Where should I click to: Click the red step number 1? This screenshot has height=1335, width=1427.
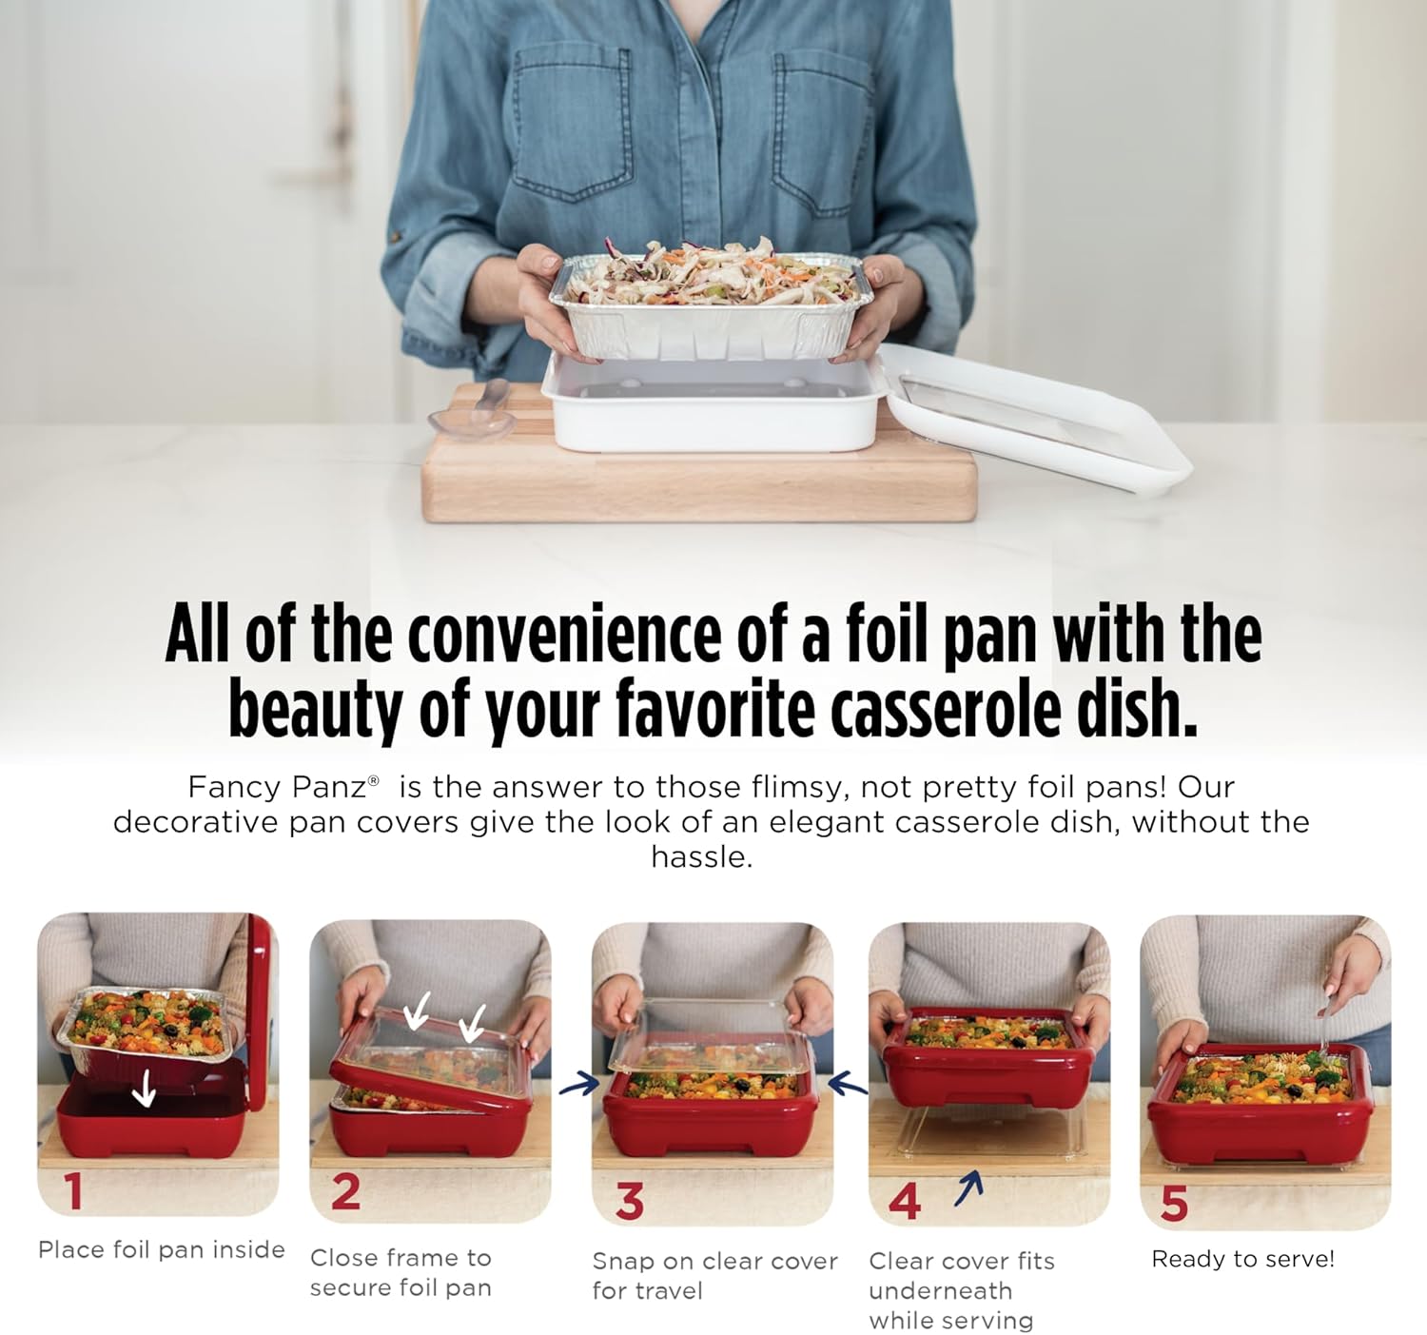pos(73,1191)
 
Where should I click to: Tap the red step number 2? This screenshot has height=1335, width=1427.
pos(345,1192)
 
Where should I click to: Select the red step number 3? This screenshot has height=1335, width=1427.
pos(629,1201)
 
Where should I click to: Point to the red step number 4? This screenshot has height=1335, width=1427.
pos(904,1201)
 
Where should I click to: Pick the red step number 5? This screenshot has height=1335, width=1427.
pos(1174,1203)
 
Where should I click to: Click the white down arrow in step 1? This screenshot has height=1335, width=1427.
pos(144,1087)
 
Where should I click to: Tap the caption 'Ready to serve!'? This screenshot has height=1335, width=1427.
pos(1242,1259)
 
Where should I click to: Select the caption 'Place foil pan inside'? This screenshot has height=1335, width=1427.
pos(162,1249)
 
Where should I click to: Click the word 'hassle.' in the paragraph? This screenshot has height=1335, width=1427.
pos(702,857)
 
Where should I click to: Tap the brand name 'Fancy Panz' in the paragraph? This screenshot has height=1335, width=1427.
pos(277,787)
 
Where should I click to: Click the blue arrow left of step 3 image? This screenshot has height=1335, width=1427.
pos(578,1083)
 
